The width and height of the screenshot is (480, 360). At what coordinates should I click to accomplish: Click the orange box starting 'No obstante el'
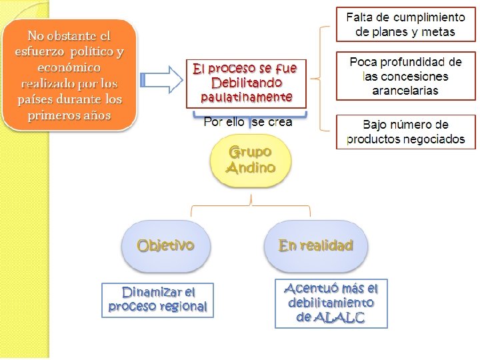[70, 74]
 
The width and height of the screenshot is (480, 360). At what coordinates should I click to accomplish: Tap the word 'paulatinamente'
[246, 97]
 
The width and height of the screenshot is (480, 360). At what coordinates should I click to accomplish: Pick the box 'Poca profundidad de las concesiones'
[405, 76]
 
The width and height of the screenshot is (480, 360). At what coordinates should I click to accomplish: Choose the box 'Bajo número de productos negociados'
[405, 131]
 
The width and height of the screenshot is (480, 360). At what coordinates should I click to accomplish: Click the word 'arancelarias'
[405, 91]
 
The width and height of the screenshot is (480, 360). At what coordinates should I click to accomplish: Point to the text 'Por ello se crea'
[247, 122]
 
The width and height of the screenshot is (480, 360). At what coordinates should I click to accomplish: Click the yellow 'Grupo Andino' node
[251, 161]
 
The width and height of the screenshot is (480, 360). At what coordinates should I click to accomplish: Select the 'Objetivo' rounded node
[165, 245]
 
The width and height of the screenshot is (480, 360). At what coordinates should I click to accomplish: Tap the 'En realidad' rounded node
[315, 245]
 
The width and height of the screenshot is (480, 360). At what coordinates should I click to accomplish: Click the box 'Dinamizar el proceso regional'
[158, 300]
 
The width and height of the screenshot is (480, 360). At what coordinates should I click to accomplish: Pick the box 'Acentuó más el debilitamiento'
[331, 303]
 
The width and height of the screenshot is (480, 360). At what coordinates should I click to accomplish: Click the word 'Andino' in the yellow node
[251, 168]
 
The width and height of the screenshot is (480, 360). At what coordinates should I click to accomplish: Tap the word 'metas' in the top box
[438, 31]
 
